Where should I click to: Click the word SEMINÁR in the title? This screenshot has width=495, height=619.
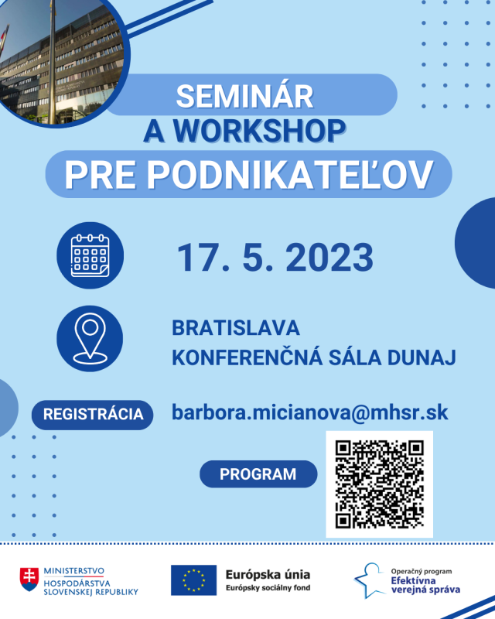tap(244, 96)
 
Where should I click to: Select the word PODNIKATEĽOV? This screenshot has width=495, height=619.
tap(291, 175)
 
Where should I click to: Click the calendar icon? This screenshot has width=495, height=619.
tap(90, 255)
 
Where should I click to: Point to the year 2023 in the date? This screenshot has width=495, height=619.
tap(329, 258)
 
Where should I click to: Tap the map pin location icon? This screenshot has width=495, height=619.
tap(90, 339)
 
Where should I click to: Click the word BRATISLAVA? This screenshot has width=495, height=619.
tap(236, 327)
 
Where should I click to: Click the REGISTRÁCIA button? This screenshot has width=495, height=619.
tap(92, 415)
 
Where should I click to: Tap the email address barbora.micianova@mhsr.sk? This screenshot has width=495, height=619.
tap(310, 412)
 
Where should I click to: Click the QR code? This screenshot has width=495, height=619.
tap(379, 484)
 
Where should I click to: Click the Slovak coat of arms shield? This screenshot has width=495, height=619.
tap(29, 579)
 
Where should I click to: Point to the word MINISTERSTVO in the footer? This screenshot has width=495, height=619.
tap(73, 571)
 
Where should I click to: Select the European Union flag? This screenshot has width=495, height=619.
tap(193, 580)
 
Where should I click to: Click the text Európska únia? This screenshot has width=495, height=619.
tap(268, 574)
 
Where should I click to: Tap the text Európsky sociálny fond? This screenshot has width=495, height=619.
tap(268, 588)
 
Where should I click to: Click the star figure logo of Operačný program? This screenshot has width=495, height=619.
tap(370, 580)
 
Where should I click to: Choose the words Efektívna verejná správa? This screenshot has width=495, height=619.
tap(425, 585)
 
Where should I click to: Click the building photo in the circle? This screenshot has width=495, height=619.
tap(60, 63)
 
